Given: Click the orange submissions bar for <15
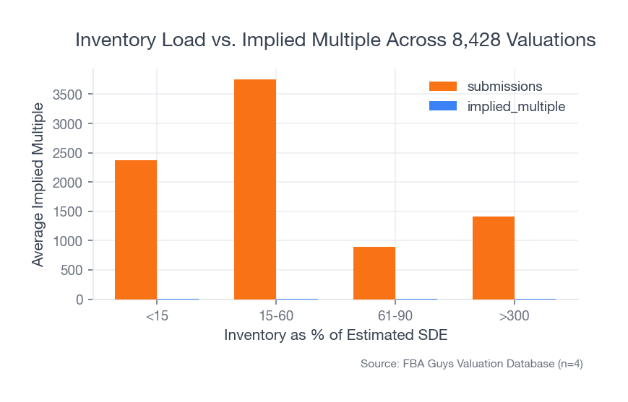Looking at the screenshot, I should pyautogui.click(x=136, y=230).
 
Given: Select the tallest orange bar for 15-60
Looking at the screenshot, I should pyautogui.click(x=255, y=189).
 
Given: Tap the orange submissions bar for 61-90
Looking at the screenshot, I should pyautogui.click(x=374, y=273).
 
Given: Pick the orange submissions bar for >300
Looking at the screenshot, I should pyautogui.click(x=494, y=258).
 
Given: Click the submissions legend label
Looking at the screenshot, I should pyautogui.click(x=504, y=86).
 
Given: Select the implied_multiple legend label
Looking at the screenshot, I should pyautogui.click(x=516, y=106).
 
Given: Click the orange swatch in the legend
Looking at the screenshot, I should pyautogui.click(x=443, y=86).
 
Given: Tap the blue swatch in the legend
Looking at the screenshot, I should pyautogui.click(x=443, y=106).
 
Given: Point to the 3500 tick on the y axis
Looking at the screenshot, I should pyautogui.click(x=68, y=95).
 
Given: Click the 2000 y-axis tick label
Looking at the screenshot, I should pyautogui.click(x=68, y=183).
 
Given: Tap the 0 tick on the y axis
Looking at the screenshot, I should pyautogui.click(x=79, y=300).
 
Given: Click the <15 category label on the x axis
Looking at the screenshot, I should pyautogui.click(x=157, y=317).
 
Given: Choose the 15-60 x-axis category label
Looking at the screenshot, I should pyautogui.click(x=276, y=317).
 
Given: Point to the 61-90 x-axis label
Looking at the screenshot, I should pyautogui.click(x=395, y=317).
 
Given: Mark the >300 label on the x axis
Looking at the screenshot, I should pyautogui.click(x=515, y=317).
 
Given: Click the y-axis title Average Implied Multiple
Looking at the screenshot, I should pyautogui.click(x=38, y=184).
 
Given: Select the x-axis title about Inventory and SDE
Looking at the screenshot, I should pyautogui.click(x=336, y=336).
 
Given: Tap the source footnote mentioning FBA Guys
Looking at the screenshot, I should pyautogui.click(x=471, y=364).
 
